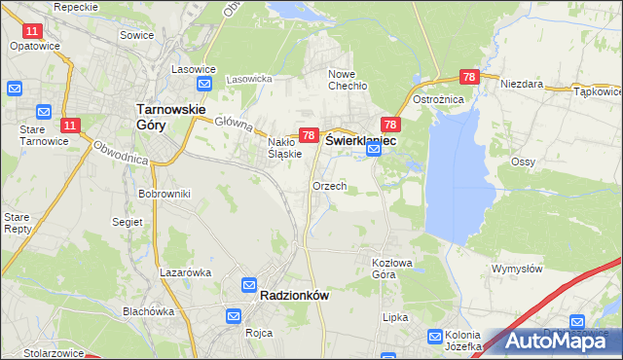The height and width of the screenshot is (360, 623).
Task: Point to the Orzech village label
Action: tap(329, 185)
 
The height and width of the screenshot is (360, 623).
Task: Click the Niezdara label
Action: tap(521, 84)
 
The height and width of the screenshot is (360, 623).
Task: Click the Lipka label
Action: tap(395, 317)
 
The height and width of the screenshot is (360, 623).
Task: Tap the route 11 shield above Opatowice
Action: tap(32, 32)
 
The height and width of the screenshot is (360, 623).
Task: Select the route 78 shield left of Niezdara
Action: tap(469, 77)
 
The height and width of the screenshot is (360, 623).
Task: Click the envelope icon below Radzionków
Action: tap(234, 316)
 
